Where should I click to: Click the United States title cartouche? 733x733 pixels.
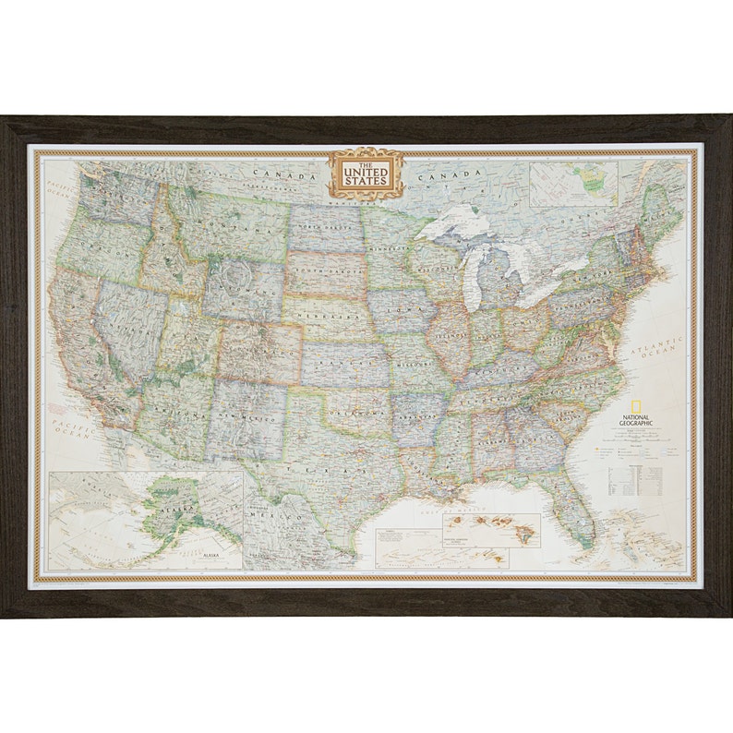coord(366,173)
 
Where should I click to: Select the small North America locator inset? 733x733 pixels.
coord(574,185)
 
